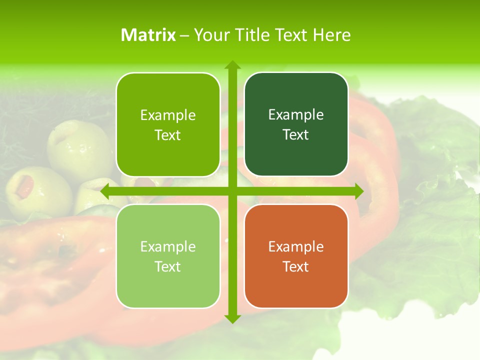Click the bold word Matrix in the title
(148, 35)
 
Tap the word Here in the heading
(331, 35)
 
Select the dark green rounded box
(296, 124)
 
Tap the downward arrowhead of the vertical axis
(232, 318)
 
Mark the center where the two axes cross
(232, 191)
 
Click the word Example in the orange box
(296, 246)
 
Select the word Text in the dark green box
(296, 135)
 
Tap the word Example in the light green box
(168, 246)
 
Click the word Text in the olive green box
(168, 135)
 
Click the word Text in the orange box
(296, 267)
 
